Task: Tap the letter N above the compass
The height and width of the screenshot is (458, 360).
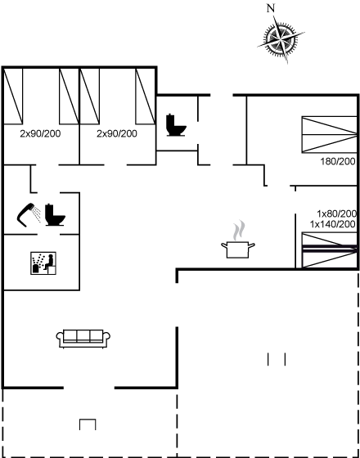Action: coord(271,8)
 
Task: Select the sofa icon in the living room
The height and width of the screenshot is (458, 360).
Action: coord(83,339)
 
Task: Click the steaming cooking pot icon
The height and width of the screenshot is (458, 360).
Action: coord(238,249)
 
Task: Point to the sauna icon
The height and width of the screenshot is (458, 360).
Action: coord(43,263)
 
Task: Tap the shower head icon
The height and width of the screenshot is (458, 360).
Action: coord(29,214)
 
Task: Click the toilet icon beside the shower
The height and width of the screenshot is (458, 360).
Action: coord(55,214)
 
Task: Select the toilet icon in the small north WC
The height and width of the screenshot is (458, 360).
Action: coord(176,125)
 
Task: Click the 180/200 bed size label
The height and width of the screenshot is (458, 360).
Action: coord(338,161)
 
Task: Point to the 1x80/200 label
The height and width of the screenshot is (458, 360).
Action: coord(336,213)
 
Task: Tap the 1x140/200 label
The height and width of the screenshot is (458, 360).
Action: coord(333,224)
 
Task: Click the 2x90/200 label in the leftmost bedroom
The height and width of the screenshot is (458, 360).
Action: coord(40,134)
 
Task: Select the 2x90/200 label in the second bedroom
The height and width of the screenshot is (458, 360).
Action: coord(117,134)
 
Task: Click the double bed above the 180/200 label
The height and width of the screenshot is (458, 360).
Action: coord(329,134)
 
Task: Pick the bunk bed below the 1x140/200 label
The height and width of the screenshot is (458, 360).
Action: coord(329,250)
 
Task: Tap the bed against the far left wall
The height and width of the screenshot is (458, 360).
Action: coord(13,97)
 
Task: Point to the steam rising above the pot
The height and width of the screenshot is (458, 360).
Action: coord(239,230)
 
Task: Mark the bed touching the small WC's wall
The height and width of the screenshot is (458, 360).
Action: coord(145,97)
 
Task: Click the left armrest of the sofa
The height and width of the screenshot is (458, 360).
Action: coord(60,336)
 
